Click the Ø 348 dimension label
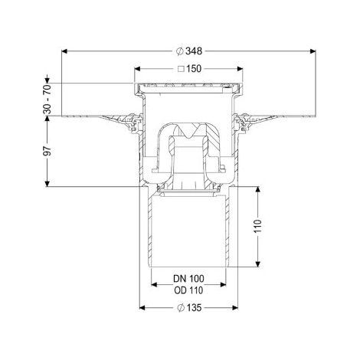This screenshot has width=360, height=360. tap(189, 51)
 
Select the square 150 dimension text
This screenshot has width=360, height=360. tap(189, 69)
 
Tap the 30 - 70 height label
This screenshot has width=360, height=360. tap(47, 99)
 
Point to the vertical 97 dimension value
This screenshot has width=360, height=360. tap(47, 151)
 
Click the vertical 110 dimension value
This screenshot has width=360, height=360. tap(258, 226)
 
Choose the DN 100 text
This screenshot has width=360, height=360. tap(188, 279)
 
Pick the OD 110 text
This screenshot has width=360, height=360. tap(188, 290)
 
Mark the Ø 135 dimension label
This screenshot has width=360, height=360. tap(189, 308)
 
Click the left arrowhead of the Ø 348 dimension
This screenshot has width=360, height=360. tap(64, 51)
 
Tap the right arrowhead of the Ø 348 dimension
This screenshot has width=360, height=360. tap(313, 51)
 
